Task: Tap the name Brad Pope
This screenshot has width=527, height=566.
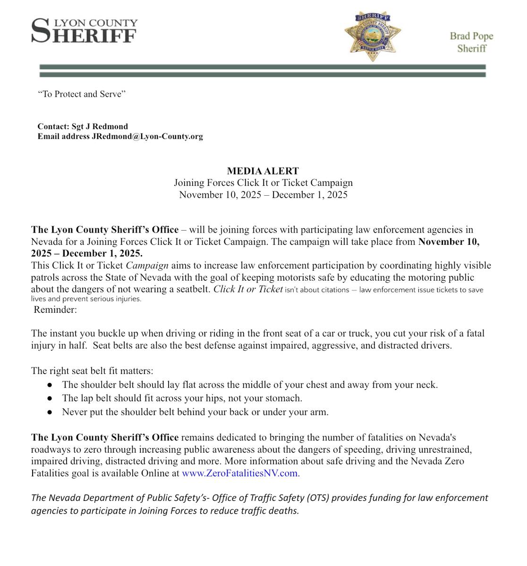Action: [x=471, y=36]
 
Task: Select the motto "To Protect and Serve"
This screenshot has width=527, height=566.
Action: [x=82, y=94]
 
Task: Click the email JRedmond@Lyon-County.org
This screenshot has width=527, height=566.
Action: [x=147, y=136]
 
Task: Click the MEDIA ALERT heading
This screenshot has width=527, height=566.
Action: [x=263, y=171]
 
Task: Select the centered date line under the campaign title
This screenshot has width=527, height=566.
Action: [x=263, y=195]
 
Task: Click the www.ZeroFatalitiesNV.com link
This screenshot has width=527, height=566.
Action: [x=239, y=473]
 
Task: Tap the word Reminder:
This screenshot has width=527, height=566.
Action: [x=55, y=310]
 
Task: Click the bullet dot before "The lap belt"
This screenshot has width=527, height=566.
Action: [x=50, y=399]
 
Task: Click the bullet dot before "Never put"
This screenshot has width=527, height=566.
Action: [x=50, y=412]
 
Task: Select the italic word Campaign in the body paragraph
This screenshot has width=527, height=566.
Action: [x=147, y=266]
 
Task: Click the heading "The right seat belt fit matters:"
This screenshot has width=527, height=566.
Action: [x=92, y=371]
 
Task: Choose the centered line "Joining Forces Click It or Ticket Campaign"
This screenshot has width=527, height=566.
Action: [x=263, y=183]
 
